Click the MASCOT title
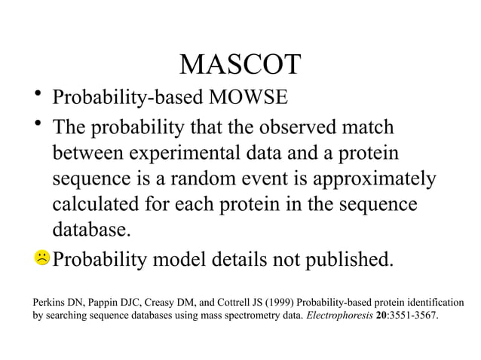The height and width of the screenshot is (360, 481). pyautogui.click(x=240, y=66)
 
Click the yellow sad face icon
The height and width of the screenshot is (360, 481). pyautogui.click(x=41, y=259)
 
